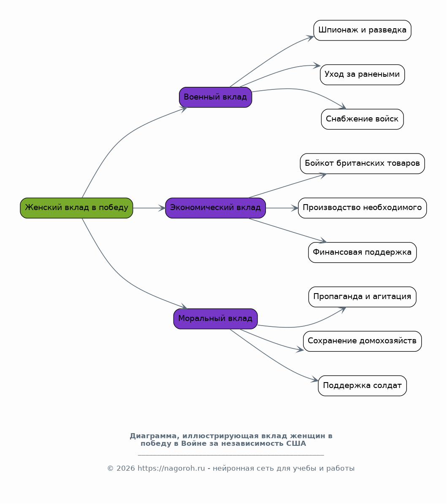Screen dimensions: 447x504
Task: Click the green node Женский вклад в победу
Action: [76, 208]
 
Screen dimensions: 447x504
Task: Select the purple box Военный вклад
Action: [215, 97]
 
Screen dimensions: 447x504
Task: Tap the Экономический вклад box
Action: [215, 208]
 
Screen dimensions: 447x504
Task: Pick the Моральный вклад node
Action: [215, 319]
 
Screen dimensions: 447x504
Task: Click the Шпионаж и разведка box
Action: [363, 30]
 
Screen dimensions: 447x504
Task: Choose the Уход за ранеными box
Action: [363, 75]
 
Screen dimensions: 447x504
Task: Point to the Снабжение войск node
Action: [363, 119]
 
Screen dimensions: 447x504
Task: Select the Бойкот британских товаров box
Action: [363, 164]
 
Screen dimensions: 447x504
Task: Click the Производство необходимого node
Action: [363, 208]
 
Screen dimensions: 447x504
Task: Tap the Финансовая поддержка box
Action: [363, 252]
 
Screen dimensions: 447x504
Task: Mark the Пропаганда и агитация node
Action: [363, 296]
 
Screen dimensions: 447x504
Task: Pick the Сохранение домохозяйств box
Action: [363, 341]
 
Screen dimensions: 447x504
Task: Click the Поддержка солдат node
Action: [363, 385]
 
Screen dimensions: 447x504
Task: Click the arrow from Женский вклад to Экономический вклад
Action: [149, 208]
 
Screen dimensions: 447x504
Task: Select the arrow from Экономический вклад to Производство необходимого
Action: [282, 208]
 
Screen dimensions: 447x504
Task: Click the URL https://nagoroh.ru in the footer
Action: [171, 468]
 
